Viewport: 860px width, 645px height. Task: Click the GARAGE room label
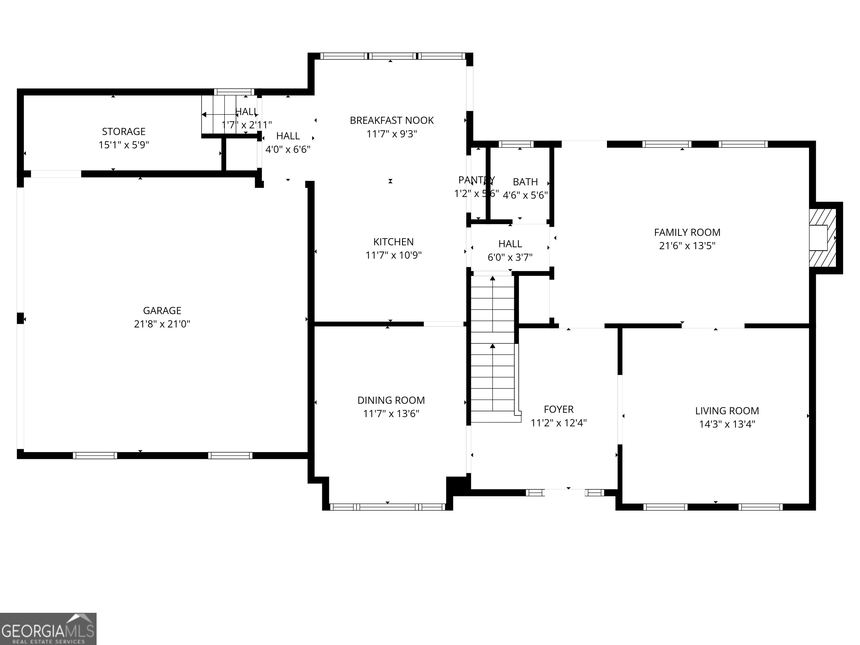tap(162, 311)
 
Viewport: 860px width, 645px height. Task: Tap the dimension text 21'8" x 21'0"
tap(162, 324)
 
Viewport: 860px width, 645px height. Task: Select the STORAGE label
tap(124, 131)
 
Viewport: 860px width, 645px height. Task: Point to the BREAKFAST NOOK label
tap(392, 121)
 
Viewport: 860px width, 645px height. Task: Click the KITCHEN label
tap(393, 242)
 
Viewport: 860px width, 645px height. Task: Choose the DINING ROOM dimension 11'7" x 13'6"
tap(391, 414)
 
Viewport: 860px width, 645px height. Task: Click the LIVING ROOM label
tap(727, 411)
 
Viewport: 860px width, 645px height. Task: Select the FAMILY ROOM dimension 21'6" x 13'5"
tap(687, 246)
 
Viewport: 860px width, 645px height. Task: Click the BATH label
tap(525, 182)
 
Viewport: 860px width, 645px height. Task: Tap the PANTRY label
tap(476, 180)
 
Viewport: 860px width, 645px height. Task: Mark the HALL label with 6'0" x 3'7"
tap(510, 244)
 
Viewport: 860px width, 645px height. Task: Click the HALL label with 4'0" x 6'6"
tap(288, 136)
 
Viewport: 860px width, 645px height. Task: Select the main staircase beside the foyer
tap(493, 350)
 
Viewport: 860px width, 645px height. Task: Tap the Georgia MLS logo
tap(48, 629)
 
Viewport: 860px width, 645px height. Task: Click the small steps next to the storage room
tap(218, 115)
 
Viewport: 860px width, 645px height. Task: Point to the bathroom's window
tap(516, 144)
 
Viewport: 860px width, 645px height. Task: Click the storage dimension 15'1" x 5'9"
tap(124, 145)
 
